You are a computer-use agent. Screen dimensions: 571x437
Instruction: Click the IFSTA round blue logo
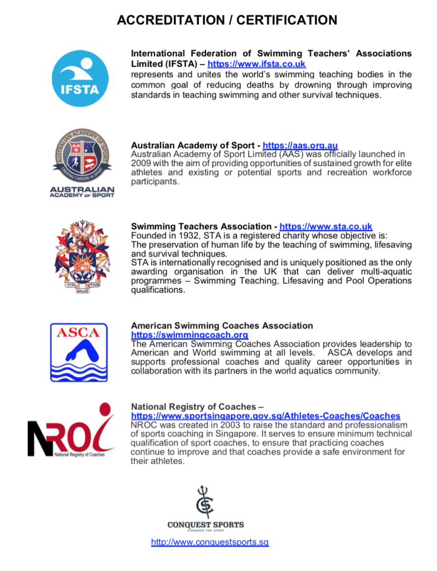pyautogui.click(x=80, y=79)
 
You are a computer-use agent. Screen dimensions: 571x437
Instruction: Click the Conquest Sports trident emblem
pyautogui.click(x=205, y=501)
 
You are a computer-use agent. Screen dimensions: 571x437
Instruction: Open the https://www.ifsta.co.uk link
pyautogui.click(x=256, y=64)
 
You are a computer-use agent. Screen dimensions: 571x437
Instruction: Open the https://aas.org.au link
pyautogui.click(x=300, y=146)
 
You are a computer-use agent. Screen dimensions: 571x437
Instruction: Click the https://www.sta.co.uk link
pyautogui.click(x=318, y=226)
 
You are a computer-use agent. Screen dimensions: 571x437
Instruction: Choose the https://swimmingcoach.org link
pyautogui.click(x=189, y=335)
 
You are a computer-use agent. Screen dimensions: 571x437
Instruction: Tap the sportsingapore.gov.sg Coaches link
pyautogui.click(x=265, y=416)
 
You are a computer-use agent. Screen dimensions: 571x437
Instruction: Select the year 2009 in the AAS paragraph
pyautogui.click(x=140, y=163)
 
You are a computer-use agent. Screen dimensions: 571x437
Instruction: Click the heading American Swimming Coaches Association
pyautogui.click(x=222, y=326)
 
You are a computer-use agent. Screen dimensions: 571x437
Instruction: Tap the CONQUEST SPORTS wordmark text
pyautogui.click(x=205, y=525)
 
